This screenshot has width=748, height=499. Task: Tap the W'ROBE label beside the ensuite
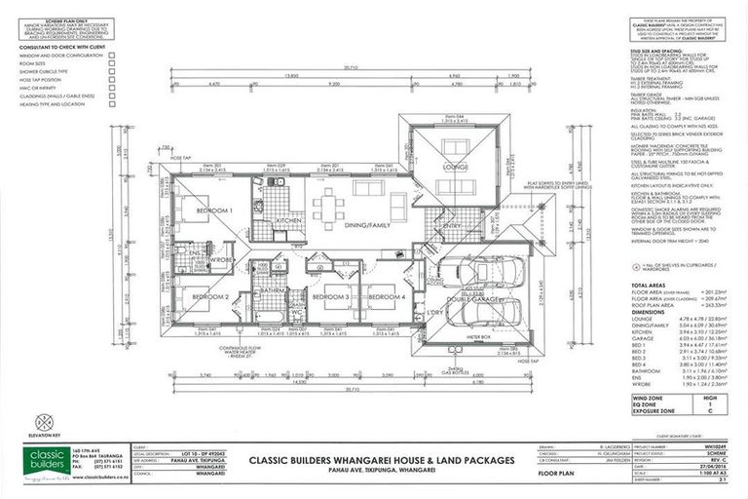(220, 260)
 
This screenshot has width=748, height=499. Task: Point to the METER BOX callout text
(478, 336)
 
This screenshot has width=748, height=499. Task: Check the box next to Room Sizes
(112, 64)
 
